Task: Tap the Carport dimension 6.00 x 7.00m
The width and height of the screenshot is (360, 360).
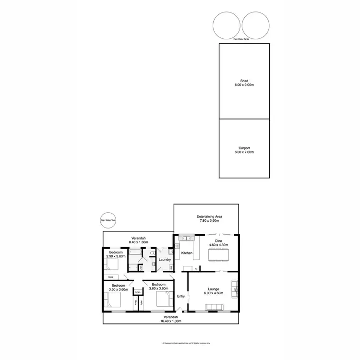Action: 243,152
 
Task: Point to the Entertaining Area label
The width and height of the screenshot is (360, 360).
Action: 208,217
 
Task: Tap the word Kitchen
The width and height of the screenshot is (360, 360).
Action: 187,253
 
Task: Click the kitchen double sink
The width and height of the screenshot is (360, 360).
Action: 185,238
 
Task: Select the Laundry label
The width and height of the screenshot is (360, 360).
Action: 165,260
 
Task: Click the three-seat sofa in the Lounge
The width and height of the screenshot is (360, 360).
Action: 216,307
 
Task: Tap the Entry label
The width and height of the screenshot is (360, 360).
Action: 181,296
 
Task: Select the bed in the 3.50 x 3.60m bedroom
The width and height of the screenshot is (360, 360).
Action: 114,300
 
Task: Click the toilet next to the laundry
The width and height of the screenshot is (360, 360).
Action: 152,252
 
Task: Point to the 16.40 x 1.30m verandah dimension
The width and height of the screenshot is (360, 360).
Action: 170,321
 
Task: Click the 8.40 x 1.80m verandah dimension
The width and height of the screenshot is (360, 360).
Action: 139,242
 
